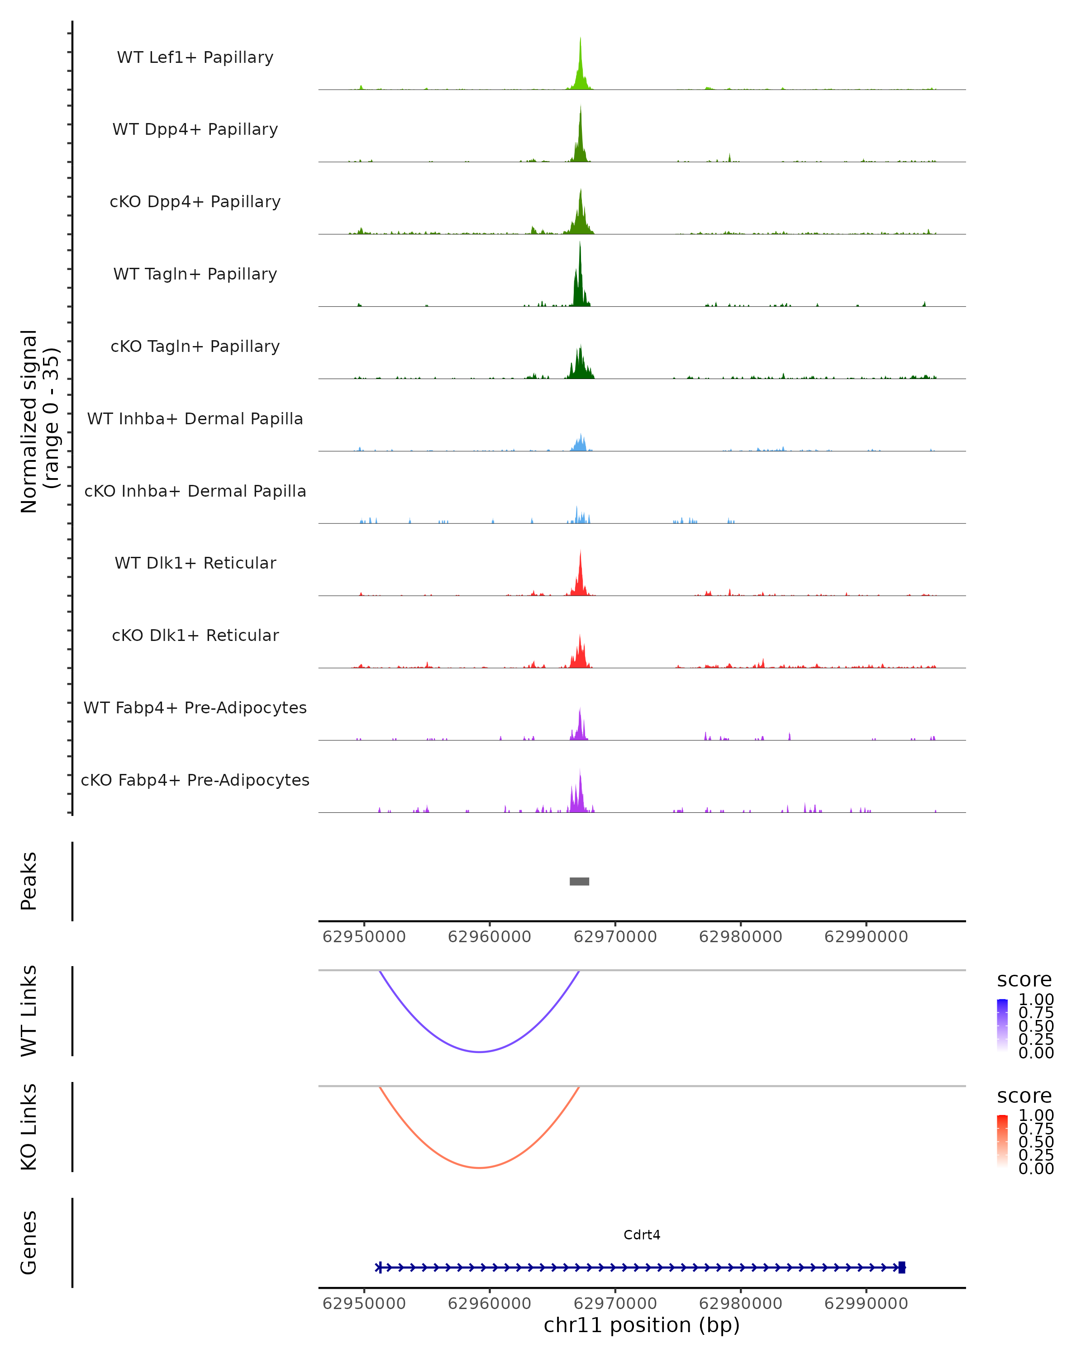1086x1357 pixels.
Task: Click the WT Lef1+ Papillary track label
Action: coord(195,57)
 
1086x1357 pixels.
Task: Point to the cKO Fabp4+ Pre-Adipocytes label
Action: coord(195,780)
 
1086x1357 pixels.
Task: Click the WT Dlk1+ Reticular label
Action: coord(195,563)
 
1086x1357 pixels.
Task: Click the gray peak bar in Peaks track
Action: coord(579,881)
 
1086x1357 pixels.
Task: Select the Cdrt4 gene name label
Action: coord(642,1234)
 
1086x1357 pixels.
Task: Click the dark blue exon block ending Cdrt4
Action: coord(901,1267)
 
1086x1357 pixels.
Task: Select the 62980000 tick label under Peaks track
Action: coord(740,937)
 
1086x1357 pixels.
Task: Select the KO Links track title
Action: coord(29,1127)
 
